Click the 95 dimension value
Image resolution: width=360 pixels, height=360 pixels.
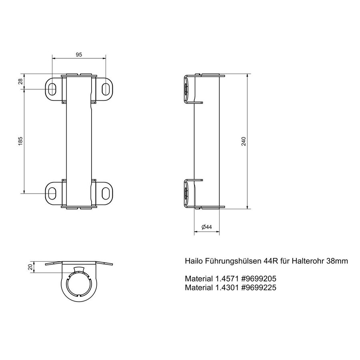pos(79,55)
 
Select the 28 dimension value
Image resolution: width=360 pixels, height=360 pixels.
pos(21,82)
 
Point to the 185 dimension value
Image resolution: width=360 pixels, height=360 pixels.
pos(21,141)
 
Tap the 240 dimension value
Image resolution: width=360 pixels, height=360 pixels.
pos(244,141)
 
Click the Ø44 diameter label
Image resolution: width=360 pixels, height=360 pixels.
pos(206,227)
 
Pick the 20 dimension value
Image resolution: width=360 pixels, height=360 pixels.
pos(31,268)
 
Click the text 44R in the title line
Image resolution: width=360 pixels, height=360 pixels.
pos(269,261)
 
